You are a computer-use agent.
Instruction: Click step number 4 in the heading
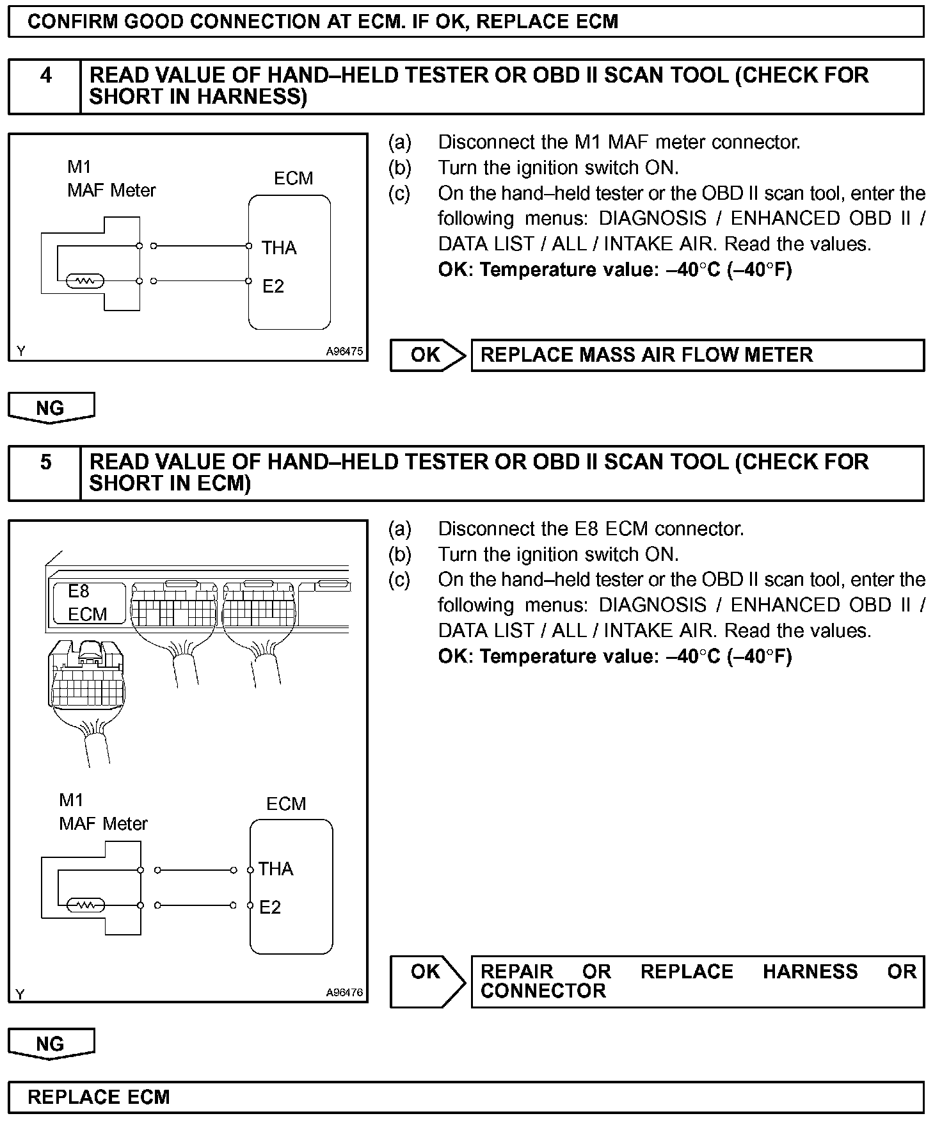pyautogui.click(x=46, y=76)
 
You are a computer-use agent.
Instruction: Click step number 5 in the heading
pyautogui.click(x=46, y=462)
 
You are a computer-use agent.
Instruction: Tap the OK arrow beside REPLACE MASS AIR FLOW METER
pyautogui.click(x=427, y=355)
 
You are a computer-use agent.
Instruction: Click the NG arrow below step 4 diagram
pyautogui.click(x=51, y=408)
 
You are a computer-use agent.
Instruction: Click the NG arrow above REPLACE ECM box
pyautogui.click(x=51, y=1044)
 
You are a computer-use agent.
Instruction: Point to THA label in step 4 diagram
pyautogui.click(x=279, y=248)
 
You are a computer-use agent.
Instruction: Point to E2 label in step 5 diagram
pyautogui.click(x=270, y=907)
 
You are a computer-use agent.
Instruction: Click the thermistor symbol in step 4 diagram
pyautogui.click(x=85, y=281)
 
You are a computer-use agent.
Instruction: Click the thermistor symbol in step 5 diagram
pyautogui.click(x=85, y=905)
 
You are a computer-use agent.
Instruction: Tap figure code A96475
pyautogui.click(x=344, y=352)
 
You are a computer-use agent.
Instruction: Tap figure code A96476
pyautogui.click(x=344, y=992)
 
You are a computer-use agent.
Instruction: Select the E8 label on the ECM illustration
pyautogui.click(x=79, y=591)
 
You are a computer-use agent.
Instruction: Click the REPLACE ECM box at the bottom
pyautogui.click(x=466, y=1097)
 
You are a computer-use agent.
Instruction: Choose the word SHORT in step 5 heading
pyautogui.click(x=116, y=483)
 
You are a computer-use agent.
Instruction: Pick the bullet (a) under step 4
pyautogui.click(x=400, y=142)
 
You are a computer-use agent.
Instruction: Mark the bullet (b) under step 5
pyautogui.click(x=400, y=554)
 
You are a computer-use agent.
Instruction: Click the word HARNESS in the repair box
pyautogui.click(x=810, y=972)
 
